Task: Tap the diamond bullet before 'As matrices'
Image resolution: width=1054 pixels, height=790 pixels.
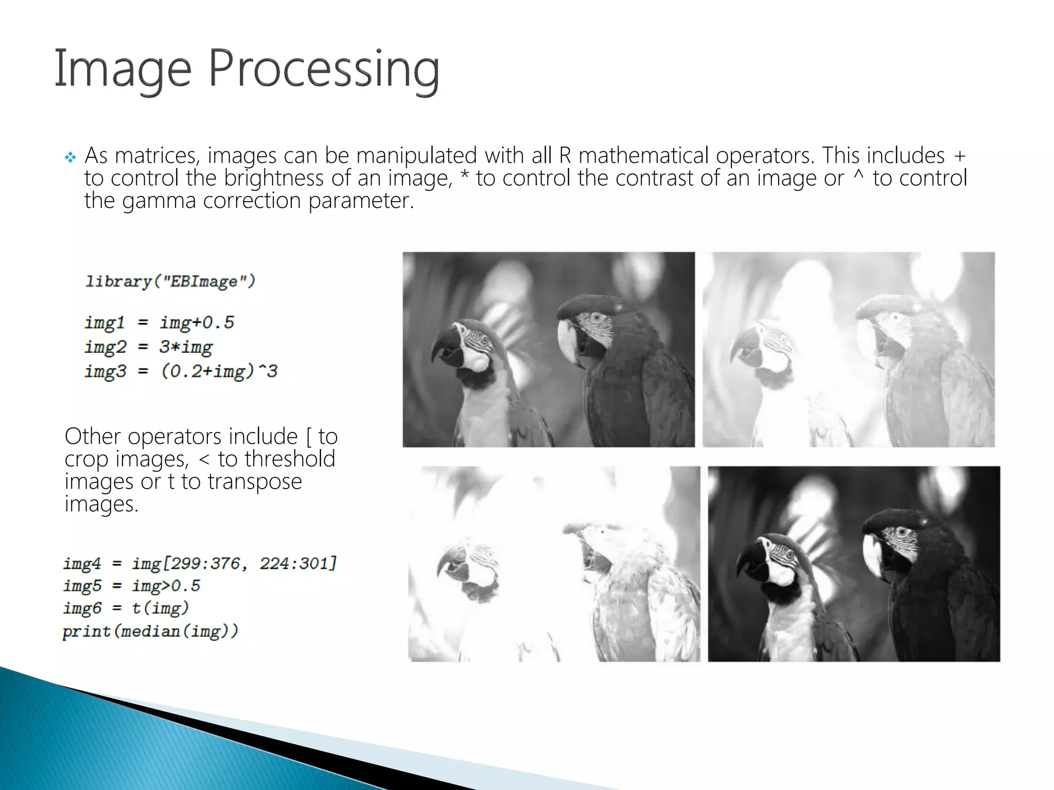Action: [71, 157]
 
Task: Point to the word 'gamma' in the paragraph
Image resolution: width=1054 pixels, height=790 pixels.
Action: [159, 201]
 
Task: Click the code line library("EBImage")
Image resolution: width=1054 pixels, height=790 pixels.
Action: [170, 281]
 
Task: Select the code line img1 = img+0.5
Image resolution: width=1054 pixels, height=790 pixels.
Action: [160, 322]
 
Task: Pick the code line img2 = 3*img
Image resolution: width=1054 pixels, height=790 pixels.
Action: [149, 347]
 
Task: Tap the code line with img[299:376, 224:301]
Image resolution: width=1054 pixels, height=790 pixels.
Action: [200, 563]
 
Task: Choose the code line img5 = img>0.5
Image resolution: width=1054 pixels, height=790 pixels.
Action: [132, 585]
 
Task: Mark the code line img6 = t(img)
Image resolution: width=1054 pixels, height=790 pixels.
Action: [126, 608]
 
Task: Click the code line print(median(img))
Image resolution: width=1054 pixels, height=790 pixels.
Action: [150, 631]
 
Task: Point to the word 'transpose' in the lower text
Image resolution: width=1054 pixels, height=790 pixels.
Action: [255, 481]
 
